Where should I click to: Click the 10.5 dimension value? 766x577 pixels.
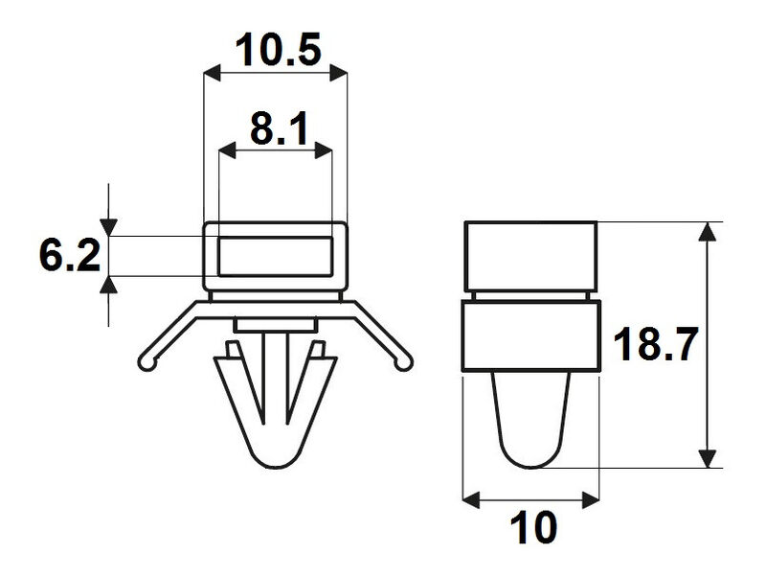275,51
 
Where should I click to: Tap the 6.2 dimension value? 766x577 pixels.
69,257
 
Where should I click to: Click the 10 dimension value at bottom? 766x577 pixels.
531,527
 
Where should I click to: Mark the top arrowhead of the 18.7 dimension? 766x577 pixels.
708,232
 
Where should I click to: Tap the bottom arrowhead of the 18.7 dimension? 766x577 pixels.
708,458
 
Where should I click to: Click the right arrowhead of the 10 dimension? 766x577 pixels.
591,498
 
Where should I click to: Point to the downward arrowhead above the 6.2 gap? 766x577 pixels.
111,227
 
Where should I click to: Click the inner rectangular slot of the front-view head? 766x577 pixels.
275,256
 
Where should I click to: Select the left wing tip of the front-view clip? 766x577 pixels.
146,361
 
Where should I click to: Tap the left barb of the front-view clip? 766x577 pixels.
228,383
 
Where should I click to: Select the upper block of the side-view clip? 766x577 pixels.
531,254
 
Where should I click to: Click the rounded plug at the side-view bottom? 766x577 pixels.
531,422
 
